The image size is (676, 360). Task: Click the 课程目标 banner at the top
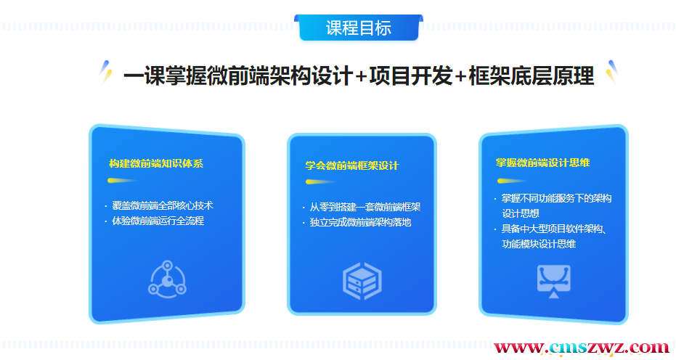[x=359, y=28]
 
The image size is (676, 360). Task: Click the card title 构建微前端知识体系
[x=156, y=164]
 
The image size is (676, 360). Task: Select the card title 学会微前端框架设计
[x=352, y=165]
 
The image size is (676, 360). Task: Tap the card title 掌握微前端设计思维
[x=543, y=163]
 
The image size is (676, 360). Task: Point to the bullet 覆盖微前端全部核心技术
[x=163, y=205]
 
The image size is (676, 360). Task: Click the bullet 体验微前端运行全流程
[x=158, y=221]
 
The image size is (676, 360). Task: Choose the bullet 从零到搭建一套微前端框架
[x=365, y=208]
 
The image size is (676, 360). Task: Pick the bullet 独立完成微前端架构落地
[x=360, y=223]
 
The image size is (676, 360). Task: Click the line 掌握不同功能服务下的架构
[x=557, y=198]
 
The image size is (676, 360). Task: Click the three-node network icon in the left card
[x=167, y=279]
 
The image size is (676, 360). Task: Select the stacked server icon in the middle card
[x=362, y=281]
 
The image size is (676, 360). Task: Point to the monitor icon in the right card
[x=554, y=281]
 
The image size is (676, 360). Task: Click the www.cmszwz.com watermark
[x=581, y=348]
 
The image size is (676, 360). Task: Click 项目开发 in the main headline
[x=411, y=76]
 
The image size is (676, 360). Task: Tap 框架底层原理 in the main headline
[x=532, y=76]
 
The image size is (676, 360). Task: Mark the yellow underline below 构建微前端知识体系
[x=122, y=181]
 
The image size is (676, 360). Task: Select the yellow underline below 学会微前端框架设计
[x=319, y=182]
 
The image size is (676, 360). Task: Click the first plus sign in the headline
[x=362, y=77]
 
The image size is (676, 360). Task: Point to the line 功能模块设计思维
[x=539, y=244]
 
